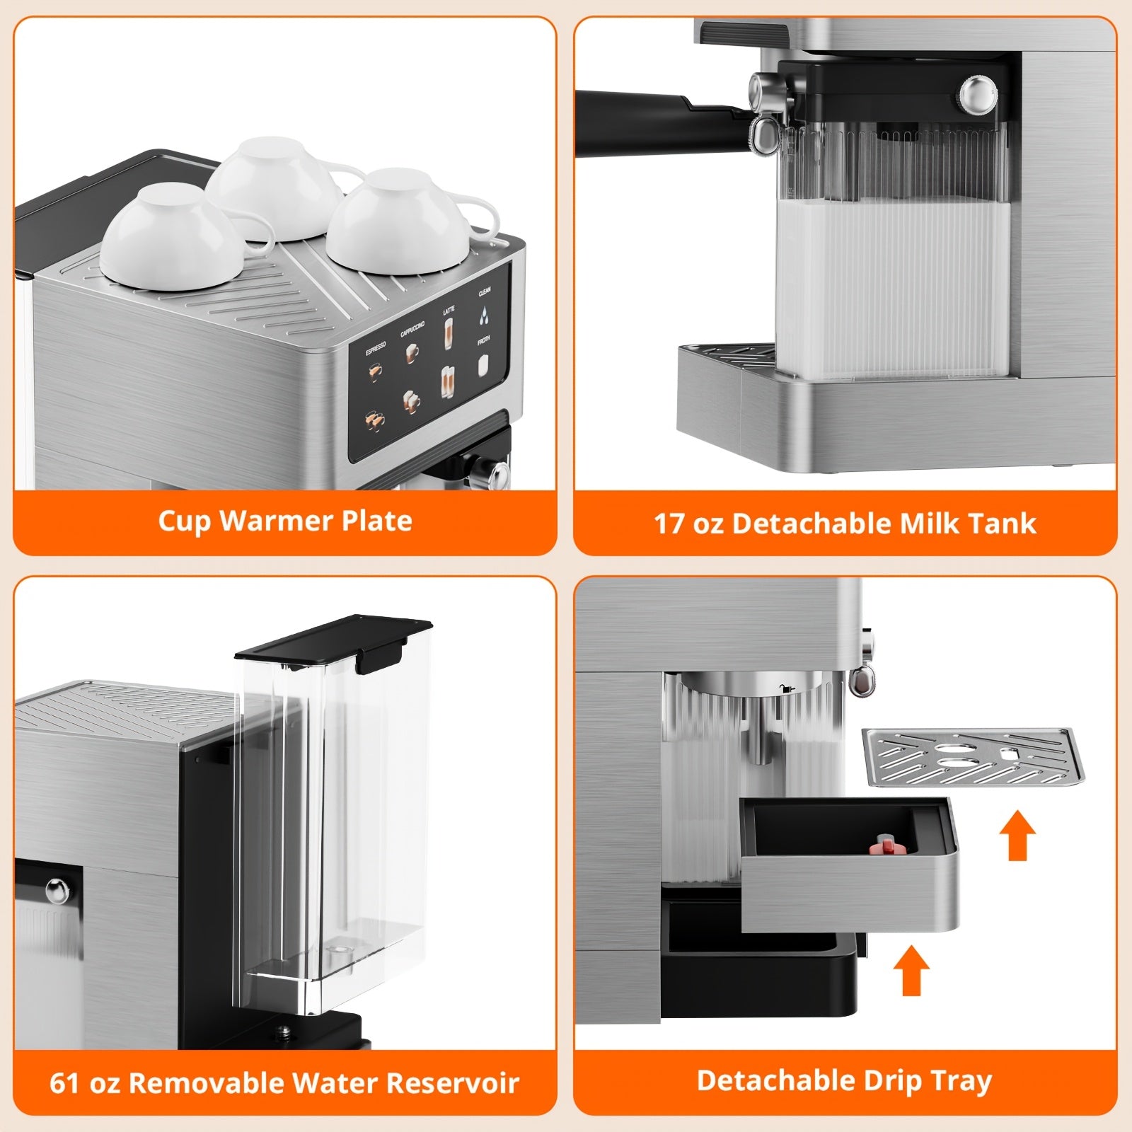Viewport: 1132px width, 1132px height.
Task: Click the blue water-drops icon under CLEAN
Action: (485, 316)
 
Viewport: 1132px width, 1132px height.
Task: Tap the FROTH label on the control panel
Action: (484, 340)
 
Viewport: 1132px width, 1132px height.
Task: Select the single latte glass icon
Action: (449, 333)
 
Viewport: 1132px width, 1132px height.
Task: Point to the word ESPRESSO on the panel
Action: (376, 349)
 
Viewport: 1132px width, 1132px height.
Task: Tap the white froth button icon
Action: (483, 365)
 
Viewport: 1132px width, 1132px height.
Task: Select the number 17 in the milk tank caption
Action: (669, 524)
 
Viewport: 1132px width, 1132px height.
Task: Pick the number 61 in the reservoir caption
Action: (64, 1083)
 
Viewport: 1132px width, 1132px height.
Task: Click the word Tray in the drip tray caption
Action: (961, 1080)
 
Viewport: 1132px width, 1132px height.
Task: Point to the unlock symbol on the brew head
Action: (786, 688)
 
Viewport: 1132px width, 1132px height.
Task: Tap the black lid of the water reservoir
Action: (333, 640)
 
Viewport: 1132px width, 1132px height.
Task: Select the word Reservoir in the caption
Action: (454, 1083)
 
